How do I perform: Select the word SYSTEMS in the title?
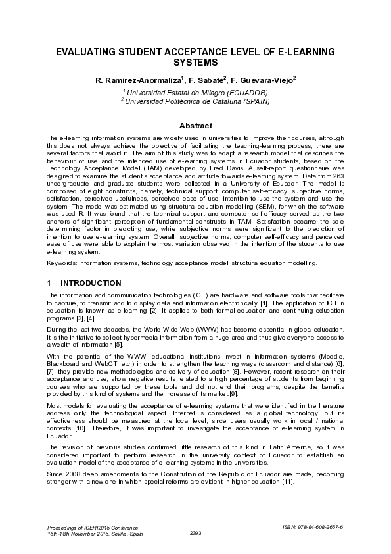(x=195, y=63)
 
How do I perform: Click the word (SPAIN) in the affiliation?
(x=250, y=101)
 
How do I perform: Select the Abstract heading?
(x=196, y=126)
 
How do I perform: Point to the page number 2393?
(x=195, y=532)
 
